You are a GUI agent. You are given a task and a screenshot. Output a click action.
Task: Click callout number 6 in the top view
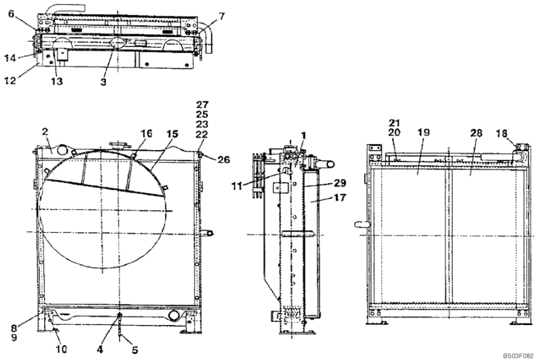coord(11,14)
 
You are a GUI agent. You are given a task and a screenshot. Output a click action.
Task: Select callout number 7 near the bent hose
coord(222,16)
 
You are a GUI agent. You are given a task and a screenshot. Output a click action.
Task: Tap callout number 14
coord(10,58)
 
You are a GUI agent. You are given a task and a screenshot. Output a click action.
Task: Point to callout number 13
coord(57,81)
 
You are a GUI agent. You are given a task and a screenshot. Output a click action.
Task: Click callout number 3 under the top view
coord(104,82)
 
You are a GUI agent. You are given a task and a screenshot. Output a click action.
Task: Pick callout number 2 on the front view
coord(45,131)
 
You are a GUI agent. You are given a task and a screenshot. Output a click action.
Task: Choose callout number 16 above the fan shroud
coord(146,134)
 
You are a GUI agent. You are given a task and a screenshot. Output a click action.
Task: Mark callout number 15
coord(172,134)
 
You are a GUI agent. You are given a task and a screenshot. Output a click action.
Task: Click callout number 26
coord(224,159)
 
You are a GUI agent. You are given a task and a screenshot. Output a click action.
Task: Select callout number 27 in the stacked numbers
coord(202,104)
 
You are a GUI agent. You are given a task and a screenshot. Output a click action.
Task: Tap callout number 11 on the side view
coord(237,186)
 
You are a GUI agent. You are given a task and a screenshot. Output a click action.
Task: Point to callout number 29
coord(340,183)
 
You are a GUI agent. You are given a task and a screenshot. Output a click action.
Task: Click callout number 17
coord(339,198)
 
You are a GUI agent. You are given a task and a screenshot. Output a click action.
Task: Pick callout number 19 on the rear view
coord(424,132)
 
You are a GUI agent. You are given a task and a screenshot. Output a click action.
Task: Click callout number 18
coord(501,133)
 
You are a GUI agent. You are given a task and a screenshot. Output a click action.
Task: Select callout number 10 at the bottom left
coord(61,349)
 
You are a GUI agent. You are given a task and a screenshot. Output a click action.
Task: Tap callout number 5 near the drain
coord(134,350)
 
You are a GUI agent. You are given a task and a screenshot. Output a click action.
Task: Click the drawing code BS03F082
coord(518,356)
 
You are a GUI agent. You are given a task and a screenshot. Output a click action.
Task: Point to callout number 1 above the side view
coord(303,136)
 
